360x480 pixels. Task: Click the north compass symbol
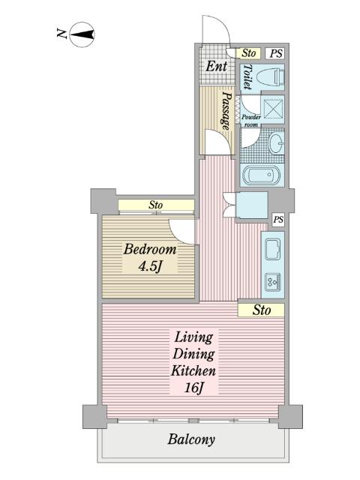82,34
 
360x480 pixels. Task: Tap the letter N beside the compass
61,33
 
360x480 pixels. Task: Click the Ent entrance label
217,66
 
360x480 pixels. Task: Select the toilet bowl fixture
270,76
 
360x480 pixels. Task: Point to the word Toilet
247,77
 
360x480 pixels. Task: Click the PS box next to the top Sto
276,53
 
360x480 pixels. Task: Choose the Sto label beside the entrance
248,53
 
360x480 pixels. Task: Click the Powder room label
251,120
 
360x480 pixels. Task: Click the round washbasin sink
277,143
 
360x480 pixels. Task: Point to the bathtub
261,175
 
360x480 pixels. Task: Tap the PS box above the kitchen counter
278,220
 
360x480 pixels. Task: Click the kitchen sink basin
273,250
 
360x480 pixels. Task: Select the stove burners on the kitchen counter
273,282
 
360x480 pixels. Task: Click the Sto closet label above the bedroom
155,205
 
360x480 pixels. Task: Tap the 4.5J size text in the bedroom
150,266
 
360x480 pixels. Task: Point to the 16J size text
194,388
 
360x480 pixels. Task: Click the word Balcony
191,439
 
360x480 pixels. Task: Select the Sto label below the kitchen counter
262,310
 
